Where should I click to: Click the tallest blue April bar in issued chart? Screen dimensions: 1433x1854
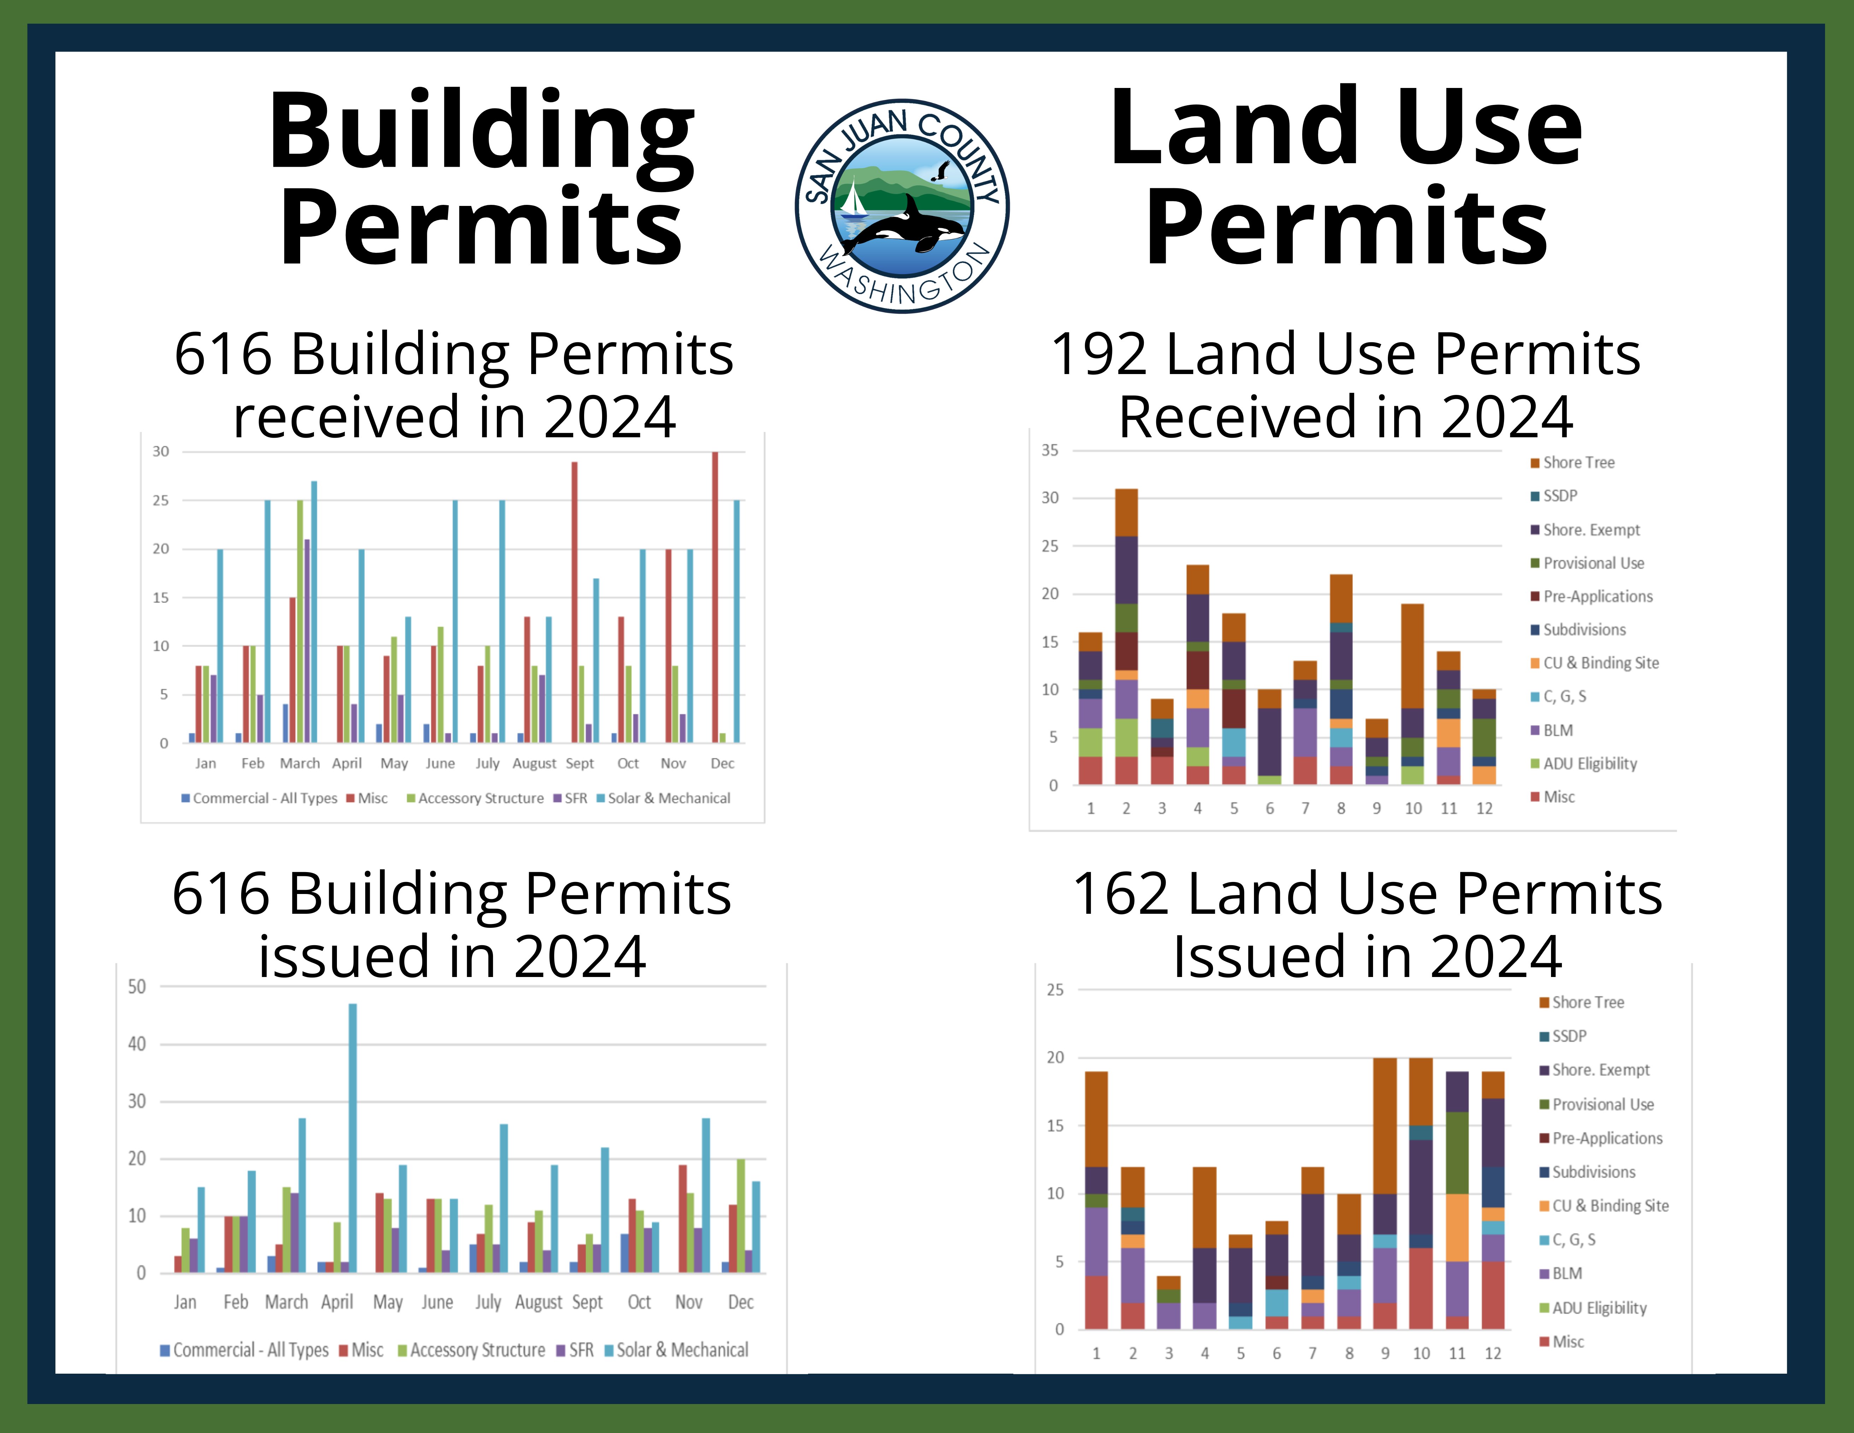coord(352,1138)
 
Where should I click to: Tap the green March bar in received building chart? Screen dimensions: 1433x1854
coord(300,620)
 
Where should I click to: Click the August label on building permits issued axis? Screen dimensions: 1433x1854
coord(538,1302)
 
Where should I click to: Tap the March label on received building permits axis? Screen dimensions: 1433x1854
coord(300,763)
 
